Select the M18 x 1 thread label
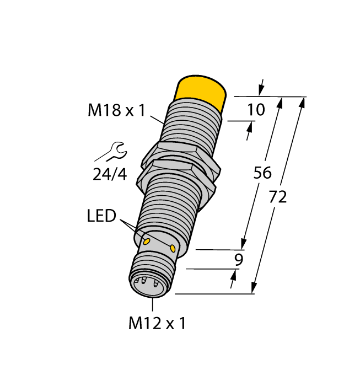click(116, 111)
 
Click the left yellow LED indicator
click(147, 242)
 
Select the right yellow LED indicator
click(174, 249)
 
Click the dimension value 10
click(255, 110)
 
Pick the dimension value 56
click(262, 173)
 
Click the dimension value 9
click(239, 260)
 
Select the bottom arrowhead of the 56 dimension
click(243, 243)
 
